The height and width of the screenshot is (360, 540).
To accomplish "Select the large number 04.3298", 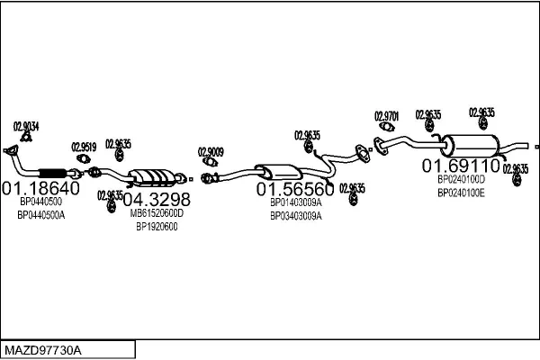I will [x=157, y=199].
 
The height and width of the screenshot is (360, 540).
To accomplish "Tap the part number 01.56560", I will [x=295, y=189].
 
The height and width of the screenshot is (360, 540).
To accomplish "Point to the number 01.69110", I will [x=461, y=166].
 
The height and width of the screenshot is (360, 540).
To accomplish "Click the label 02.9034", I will [x=26, y=126].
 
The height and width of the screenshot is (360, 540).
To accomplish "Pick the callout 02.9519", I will [x=84, y=146].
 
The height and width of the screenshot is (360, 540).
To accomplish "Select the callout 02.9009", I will [x=211, y=151].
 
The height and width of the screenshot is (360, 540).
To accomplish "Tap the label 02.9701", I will [x=386, y=116].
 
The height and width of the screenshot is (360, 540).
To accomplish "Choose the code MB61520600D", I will [x=157, y=213].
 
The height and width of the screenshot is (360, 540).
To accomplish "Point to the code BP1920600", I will [x=157, y=227].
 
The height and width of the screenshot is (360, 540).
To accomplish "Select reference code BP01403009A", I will [x=295, y=202].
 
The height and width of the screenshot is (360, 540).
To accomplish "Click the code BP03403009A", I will [x=295, y=216].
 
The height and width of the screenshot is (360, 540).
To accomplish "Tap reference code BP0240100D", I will [x=461, y=180].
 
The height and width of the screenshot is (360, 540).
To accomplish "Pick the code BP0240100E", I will [x=461, y=193].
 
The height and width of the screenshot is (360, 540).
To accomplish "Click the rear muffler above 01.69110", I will [x=472, y=146].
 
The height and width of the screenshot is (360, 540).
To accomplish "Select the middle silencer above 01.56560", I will [x=279, y=171].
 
